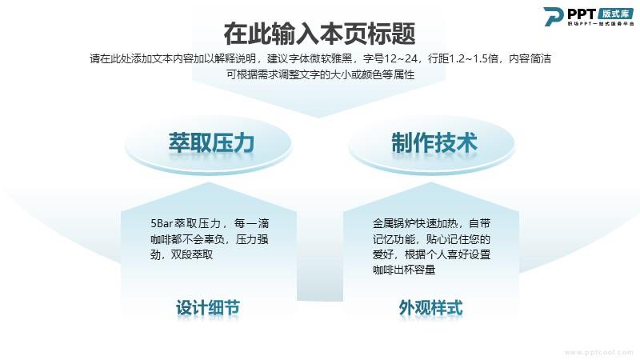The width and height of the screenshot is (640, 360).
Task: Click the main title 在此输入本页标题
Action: (x=319, y=34)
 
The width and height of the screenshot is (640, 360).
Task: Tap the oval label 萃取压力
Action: (x=211, y=143)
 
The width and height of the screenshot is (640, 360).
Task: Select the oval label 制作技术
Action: (x=434, y=143)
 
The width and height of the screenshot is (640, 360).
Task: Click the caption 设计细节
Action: (x=208, y=308)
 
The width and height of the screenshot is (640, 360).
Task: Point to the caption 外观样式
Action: (x=430, y=308)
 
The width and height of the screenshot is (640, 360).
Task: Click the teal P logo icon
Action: (x=554, y=16)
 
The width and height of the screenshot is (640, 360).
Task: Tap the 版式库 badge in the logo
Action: (x=616, y=14)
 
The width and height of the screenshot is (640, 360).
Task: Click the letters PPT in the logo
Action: (x=582, y=14)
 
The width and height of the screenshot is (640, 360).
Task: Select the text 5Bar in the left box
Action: (x=162, y=224)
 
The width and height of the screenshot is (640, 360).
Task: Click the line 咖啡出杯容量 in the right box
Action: (x=404, y=270)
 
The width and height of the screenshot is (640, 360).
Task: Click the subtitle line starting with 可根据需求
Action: (x=321, y=74)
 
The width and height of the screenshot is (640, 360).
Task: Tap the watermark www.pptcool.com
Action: (x=598, y=352)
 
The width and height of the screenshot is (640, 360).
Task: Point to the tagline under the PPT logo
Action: (x=601, y=24)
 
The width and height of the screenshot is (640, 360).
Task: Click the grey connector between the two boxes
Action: (x=319, y=281)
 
